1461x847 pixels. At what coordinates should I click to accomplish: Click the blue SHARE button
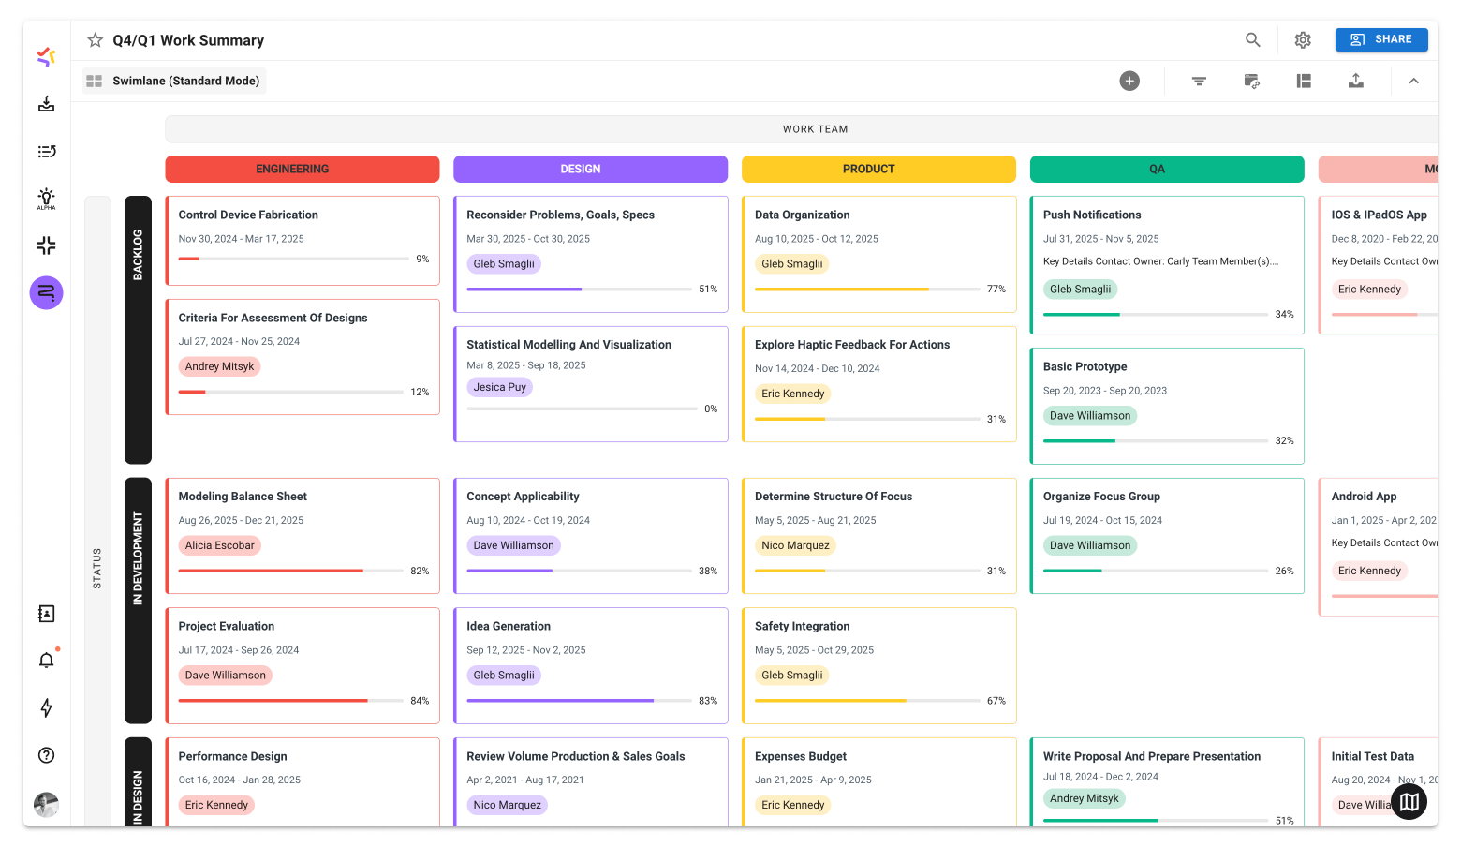(1380, 39)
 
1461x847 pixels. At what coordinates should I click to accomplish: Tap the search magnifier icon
(1252, 39)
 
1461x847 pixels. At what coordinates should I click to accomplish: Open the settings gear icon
(1303, 40)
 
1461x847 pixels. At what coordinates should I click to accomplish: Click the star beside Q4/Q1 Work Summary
(95, 40)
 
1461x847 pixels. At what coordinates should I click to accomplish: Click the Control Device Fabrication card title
(248, 215)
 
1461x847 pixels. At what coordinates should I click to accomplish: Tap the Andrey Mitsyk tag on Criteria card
(219, 366)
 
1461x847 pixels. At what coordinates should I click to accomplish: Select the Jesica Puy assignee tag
(499, 387)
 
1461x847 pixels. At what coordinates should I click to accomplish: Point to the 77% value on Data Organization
(996, 290)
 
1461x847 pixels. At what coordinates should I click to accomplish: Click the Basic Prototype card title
(1085, 366)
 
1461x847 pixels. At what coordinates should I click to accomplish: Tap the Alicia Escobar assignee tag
(219, 545)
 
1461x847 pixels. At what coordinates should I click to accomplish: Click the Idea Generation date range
(525, 650)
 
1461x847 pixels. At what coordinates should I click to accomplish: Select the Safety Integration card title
(802, 626)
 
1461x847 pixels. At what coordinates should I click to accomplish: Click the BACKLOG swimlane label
(138, 254)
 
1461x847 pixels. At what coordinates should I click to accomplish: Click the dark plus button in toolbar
(1129, 81)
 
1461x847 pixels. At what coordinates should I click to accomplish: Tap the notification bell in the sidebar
(46, 661)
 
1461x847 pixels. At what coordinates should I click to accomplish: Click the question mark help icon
(46, 755)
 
